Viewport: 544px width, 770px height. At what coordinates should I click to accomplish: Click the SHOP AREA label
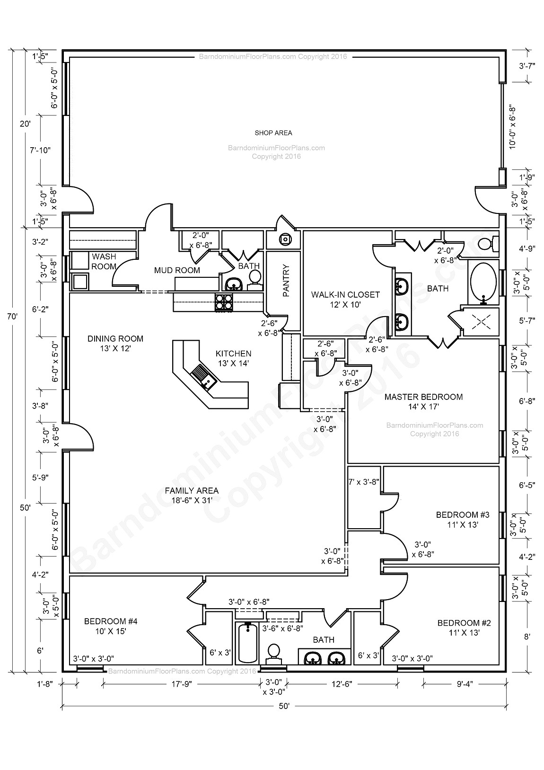tap(273, 133)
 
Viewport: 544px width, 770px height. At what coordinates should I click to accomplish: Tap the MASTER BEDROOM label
tap(423, 397)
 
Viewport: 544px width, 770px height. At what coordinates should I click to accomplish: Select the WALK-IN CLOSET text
tap(345, 294)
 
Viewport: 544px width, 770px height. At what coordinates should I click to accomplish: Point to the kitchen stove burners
tap(224, 302)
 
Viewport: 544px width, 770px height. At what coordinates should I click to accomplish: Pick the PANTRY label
tap(286, 281)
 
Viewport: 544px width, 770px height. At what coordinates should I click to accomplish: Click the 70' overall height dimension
tap(12, 316)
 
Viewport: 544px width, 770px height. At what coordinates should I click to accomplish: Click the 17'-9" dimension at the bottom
tap(182, 684)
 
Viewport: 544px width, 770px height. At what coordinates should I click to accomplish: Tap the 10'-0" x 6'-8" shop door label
tap(513, 127)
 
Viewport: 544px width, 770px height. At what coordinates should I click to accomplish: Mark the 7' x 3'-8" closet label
tap(364, 482)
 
